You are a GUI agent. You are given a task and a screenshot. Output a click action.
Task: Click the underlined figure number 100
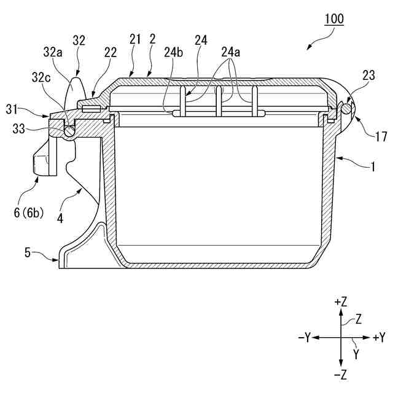tap(334, 18)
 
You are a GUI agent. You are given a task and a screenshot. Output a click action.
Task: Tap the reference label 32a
tap(53, 53)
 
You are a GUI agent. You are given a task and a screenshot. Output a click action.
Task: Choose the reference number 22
tap(111, 53)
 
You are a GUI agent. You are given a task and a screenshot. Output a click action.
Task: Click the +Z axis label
tap(341, 301)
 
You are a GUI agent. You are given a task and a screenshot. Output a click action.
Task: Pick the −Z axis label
tap(341, 373)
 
